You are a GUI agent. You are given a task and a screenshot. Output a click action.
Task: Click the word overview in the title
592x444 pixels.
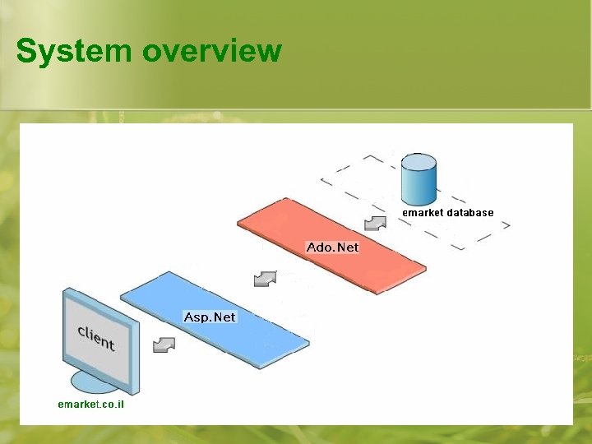(x=212, y=51)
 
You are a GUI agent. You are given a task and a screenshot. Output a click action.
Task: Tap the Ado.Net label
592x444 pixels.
(x=332, y=247)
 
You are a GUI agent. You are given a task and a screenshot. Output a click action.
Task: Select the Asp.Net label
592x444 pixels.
(x=210, y=317)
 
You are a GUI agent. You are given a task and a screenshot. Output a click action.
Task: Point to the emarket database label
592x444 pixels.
(x=447, y=212)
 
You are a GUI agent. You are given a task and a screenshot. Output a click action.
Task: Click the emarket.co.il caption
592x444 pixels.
(x=90, y=405)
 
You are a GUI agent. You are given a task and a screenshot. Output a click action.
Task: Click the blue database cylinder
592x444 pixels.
(x=419, y=181)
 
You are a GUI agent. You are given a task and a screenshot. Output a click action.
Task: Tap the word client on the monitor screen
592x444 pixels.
(x=95, y=337)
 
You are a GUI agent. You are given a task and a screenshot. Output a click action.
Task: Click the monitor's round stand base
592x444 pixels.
(x=95, y=382)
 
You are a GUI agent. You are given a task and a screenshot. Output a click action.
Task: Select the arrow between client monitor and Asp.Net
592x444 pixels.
(x=164, y=344)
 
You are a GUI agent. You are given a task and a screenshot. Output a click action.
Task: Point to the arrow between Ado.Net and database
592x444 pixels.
(x=375, y=222)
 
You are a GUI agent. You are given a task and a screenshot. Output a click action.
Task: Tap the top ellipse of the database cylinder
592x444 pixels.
(x=419, y=160)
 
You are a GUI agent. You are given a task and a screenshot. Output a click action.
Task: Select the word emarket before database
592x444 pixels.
(x=423, y=212)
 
